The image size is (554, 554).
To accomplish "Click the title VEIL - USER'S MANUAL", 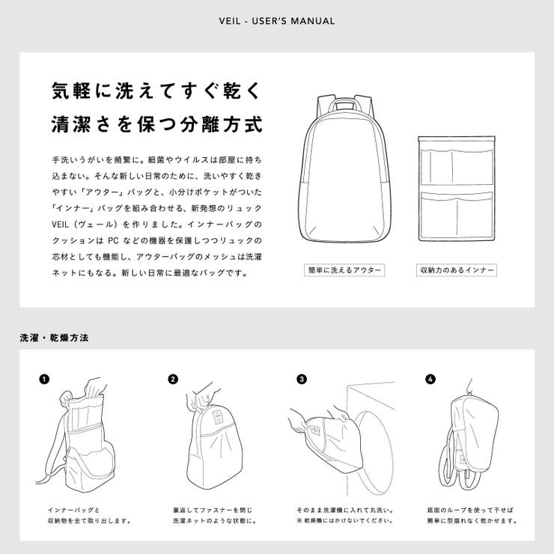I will (276, 21).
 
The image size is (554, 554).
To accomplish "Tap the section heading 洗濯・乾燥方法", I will (54, 338).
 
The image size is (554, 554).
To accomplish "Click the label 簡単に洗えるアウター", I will (344, 270).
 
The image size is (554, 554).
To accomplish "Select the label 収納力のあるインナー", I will (457, 270).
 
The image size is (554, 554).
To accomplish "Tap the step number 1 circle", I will (44, 379).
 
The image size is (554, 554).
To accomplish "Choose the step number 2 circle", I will (173, 379).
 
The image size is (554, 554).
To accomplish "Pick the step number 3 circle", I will (301, 379).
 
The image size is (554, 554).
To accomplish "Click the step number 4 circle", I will (430, 379).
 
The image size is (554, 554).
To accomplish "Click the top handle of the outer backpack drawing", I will (344, 101).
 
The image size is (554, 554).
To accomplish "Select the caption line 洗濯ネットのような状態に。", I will (214, 520).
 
